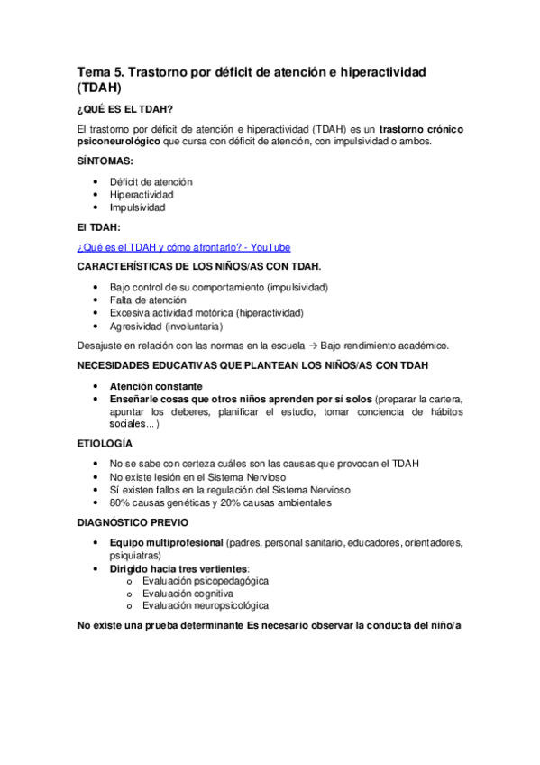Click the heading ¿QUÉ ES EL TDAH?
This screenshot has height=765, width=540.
point(126,110)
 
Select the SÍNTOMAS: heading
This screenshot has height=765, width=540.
point(105,161)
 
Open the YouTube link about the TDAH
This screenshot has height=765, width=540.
point(184,247)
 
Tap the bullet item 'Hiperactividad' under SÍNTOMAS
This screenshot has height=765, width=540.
point(142,194)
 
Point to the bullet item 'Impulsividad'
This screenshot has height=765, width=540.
point(137,207)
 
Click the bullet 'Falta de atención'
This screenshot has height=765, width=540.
point(148,300)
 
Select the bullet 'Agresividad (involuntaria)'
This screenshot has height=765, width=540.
point(165,326)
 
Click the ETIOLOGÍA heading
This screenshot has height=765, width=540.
point(105,444)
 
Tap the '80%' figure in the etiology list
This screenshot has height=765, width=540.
point(121,502)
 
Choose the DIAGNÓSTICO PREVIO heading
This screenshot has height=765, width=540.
point(131,523)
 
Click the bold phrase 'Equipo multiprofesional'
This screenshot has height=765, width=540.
point(167,543)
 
